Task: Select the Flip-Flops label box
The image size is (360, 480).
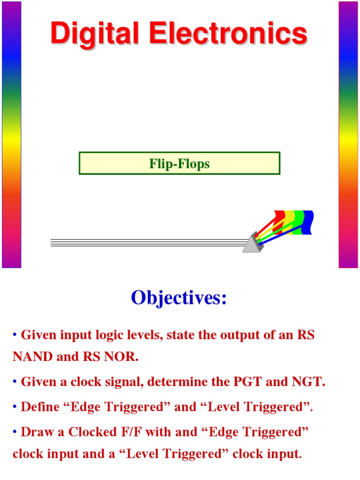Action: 180,164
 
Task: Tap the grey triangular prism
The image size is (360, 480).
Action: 254,244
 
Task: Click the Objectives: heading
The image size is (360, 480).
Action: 179,298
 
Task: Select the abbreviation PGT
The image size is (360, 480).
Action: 249,382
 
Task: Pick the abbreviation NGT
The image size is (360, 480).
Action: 308,382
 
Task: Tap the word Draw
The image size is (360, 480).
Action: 37,432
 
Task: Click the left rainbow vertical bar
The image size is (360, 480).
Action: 12,135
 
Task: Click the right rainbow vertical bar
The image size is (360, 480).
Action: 348,135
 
